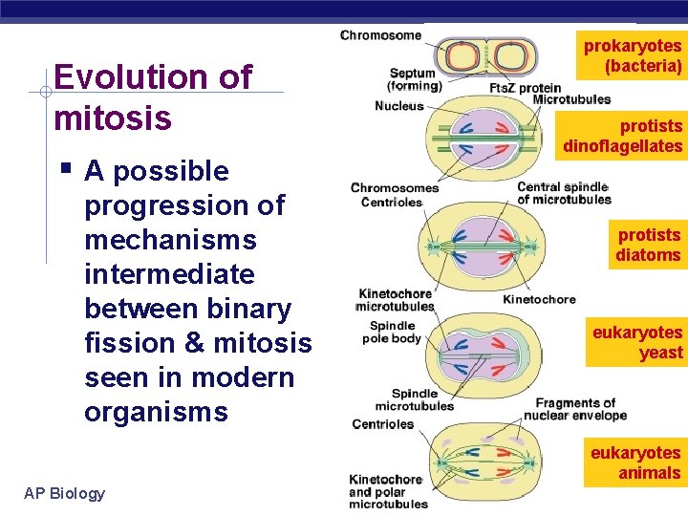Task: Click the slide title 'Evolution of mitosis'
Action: [x=153, y=97]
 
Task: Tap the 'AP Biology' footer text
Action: [x=65, y=493]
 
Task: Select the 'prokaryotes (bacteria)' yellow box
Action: [x=633, y=56]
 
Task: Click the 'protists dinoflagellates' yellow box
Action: [x=623, y=136]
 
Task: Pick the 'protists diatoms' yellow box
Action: [x=648, y=245]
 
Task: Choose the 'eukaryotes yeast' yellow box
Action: [x=637, y=342]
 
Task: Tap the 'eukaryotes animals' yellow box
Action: [x=635, y=462]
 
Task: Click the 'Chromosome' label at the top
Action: [x=380, y=35]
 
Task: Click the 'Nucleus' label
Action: [x=399, y=106]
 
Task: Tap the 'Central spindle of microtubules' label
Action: [x=564, y=193]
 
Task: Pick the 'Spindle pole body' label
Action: [x=392, y=332]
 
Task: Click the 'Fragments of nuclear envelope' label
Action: [x=575, y=409]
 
